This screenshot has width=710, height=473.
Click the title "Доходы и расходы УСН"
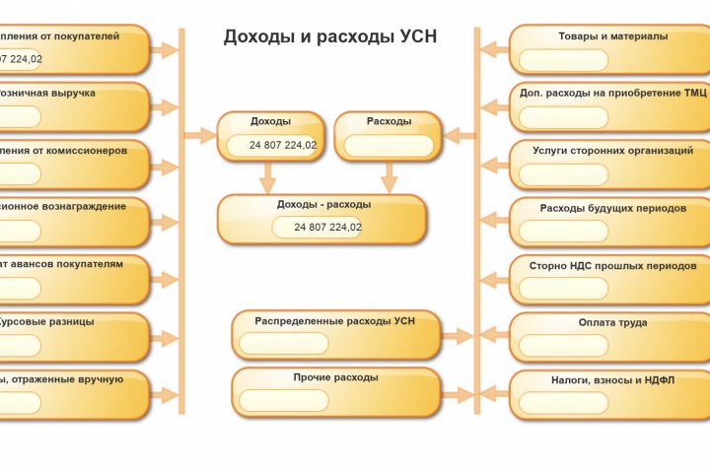tap(329, 36)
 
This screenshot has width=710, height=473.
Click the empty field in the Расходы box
tap(389, 146)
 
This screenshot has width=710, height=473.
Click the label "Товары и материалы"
tap(612, 35)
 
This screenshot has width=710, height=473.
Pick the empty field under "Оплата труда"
tap(563, 346)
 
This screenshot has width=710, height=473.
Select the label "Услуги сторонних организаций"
tap(612, 151)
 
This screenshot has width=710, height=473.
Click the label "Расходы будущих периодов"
tap(612, 208)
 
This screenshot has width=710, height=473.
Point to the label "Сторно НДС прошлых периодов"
tap(612, 265)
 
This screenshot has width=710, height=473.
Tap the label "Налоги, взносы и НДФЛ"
tap(612, 379)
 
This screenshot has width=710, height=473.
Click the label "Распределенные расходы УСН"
tap(335, 321)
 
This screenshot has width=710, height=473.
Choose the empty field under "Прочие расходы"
tap(284, 401)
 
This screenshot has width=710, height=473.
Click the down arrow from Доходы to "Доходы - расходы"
tap(265, 177)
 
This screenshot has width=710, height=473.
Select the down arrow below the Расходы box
tap(389, 177)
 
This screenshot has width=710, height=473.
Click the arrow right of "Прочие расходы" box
tap(458, 393)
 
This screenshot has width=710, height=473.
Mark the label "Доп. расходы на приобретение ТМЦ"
tap(612, 93)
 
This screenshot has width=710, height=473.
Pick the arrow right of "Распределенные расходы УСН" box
tap(458, 336)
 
